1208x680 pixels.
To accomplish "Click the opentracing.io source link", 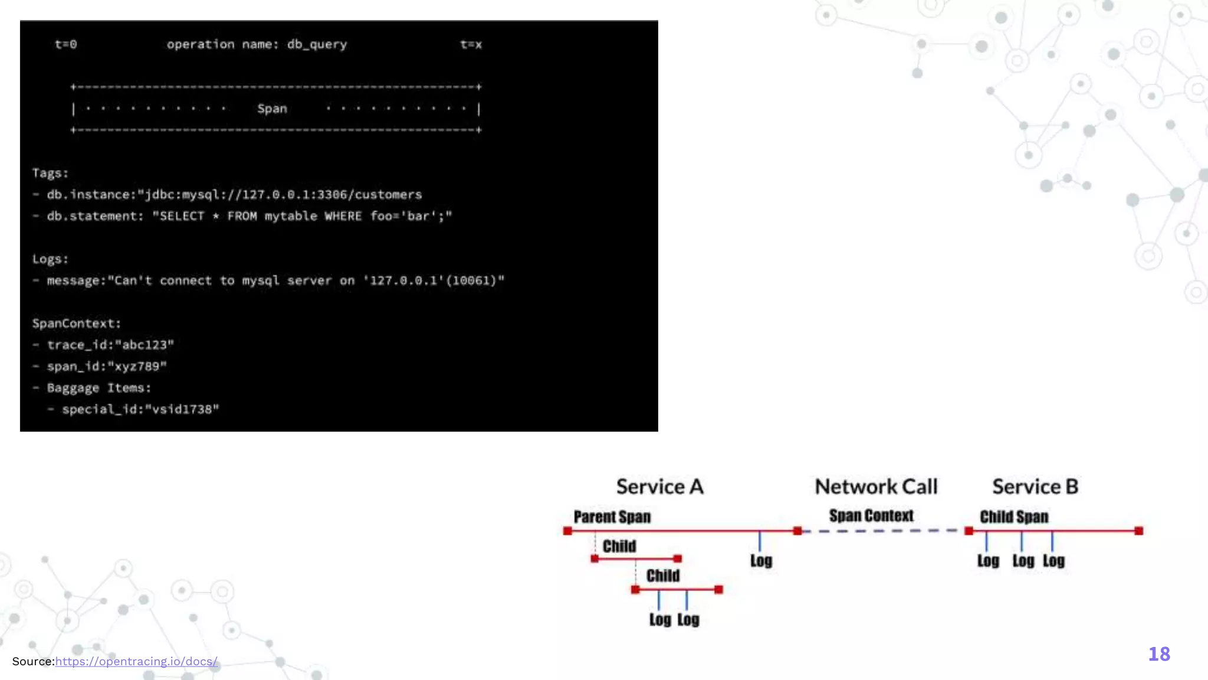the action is click(136, 662).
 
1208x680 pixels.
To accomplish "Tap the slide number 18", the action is click(1159, 654).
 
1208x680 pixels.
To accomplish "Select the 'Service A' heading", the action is click(659, 487).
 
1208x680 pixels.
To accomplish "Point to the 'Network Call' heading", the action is click(876, 487).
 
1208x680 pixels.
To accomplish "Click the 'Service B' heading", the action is click(1035, 487).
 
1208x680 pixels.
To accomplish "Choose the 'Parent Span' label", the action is click(612, 517).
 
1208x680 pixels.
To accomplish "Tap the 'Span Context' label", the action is click(871, 516).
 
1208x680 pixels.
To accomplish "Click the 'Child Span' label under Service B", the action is click(1014, 517).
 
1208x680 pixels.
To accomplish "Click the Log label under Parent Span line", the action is click(761, 561).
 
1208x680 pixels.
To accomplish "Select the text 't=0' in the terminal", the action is click(65, 44).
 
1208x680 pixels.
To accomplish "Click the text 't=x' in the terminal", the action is click(471, 44).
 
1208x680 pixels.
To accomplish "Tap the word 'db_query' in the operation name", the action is click(317, 45).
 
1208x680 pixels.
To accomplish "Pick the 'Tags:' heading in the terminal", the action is click(50, 174).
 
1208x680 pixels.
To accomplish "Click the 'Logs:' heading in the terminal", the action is click(50, 260).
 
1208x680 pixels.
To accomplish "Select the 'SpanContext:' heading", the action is click(76, 323).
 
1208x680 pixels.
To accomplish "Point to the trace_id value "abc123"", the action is click(145, 345).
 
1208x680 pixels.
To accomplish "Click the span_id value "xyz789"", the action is click(140, 367).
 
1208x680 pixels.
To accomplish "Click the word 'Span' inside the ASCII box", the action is click(272, 109).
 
